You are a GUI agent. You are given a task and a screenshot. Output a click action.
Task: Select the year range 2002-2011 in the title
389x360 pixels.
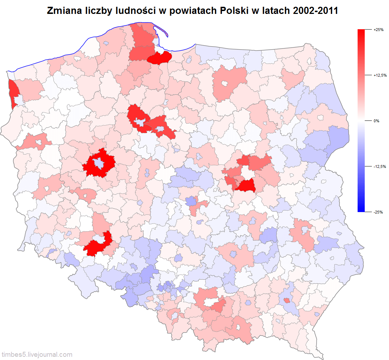pyautogui.click(x=315, y=11)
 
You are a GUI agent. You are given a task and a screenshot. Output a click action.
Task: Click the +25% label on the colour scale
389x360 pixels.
pyautogui.click(x=378, y=30)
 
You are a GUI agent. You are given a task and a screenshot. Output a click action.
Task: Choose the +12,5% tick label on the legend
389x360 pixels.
pyautogui.click(x=380, y=75)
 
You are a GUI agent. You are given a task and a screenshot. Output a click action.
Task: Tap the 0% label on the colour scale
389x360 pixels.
pyautogui.click(x=376, y=121)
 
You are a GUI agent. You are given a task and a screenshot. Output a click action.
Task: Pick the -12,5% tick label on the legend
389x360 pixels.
pyautogui.click(x=379, y=166)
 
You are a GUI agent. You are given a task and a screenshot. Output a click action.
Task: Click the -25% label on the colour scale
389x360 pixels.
pyautogui.click(x=378, y=212)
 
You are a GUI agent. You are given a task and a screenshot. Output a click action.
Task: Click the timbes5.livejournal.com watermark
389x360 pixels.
pyautogui.click(x=37, y=355)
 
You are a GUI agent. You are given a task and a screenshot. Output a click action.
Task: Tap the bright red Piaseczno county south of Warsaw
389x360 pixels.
pyautogui.click(x=247, y=186)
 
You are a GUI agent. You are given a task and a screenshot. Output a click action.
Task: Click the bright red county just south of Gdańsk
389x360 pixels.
pyautogui.click(x=160, y=57)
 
